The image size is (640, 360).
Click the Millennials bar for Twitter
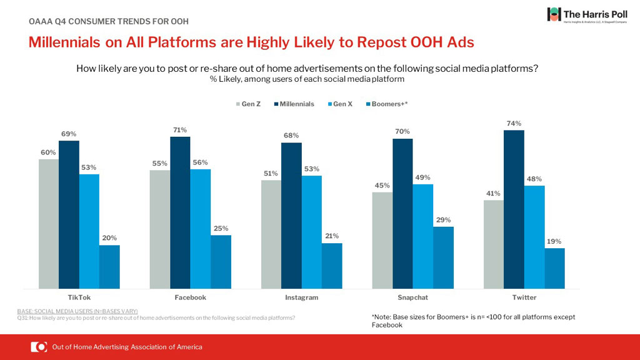pyautogui.click(x=514, y=209)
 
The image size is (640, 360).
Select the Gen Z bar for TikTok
pyautogui.click(x=48, y=224)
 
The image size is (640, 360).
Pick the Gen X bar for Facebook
pyautogui.click(x=200, y=229)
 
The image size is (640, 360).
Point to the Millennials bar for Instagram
pyautogui.click(x=291, y=216)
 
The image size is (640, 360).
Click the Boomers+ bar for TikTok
pyautogui.click(x=109, y=267)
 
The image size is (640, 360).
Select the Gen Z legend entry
pyautogui.click(x=248, y=104)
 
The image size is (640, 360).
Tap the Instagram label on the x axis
pyautogui.click(x=302, y=297)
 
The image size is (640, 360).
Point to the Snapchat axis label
pyautogui.click(x=413, y=297)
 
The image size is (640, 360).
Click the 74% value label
pyautogui.click(x=514, y=124)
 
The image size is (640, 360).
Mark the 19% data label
pyautogui.click(x=554, y=241)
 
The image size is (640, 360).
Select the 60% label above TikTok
pyautogui.click(x=48, y=152)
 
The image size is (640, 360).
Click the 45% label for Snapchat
pyautogui.click(x=382, y=185)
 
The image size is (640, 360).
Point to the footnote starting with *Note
pyautogui.click(x=472, y=321)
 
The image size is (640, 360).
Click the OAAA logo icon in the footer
pyautogui.click(x=39, y=347)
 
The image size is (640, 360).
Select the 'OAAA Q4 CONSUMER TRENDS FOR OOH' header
pyautogui.click(x=109, y=21)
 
